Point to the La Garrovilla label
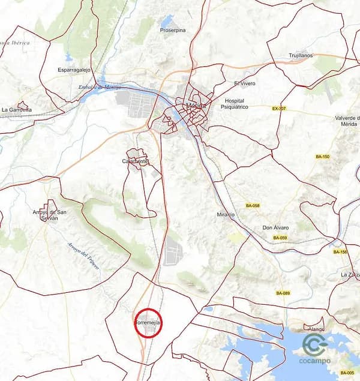tap(16, 110)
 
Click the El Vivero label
tap(245, 83)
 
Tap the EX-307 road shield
tap(279, 109)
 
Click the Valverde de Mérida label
tap(346, 121)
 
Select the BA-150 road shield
tap(323, 157)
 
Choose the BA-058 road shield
tap(253, 206)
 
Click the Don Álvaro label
tap(276, 228)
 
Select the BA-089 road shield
tap(283, 293)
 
